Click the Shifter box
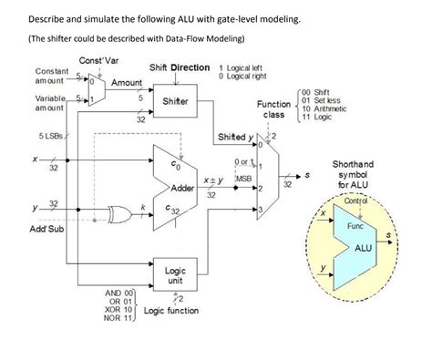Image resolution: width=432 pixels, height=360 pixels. click(x=175, y=101)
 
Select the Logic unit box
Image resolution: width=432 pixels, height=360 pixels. click(x=175, y=275)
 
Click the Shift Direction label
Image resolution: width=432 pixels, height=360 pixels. click(x=180, y=68)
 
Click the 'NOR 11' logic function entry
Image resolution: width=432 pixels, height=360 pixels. click(x=118, y=319)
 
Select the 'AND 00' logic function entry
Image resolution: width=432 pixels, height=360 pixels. click(x=118, y=293)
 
